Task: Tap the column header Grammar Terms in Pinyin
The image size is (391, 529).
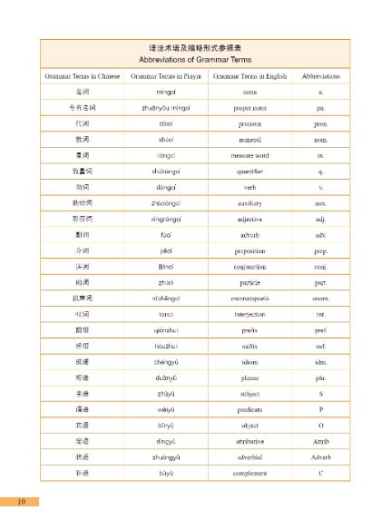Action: coord(165,76)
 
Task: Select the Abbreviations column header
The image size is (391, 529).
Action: coord(321,76)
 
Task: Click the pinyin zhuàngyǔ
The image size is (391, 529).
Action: coord(165,456)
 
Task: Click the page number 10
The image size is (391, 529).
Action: coord(20,501)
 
